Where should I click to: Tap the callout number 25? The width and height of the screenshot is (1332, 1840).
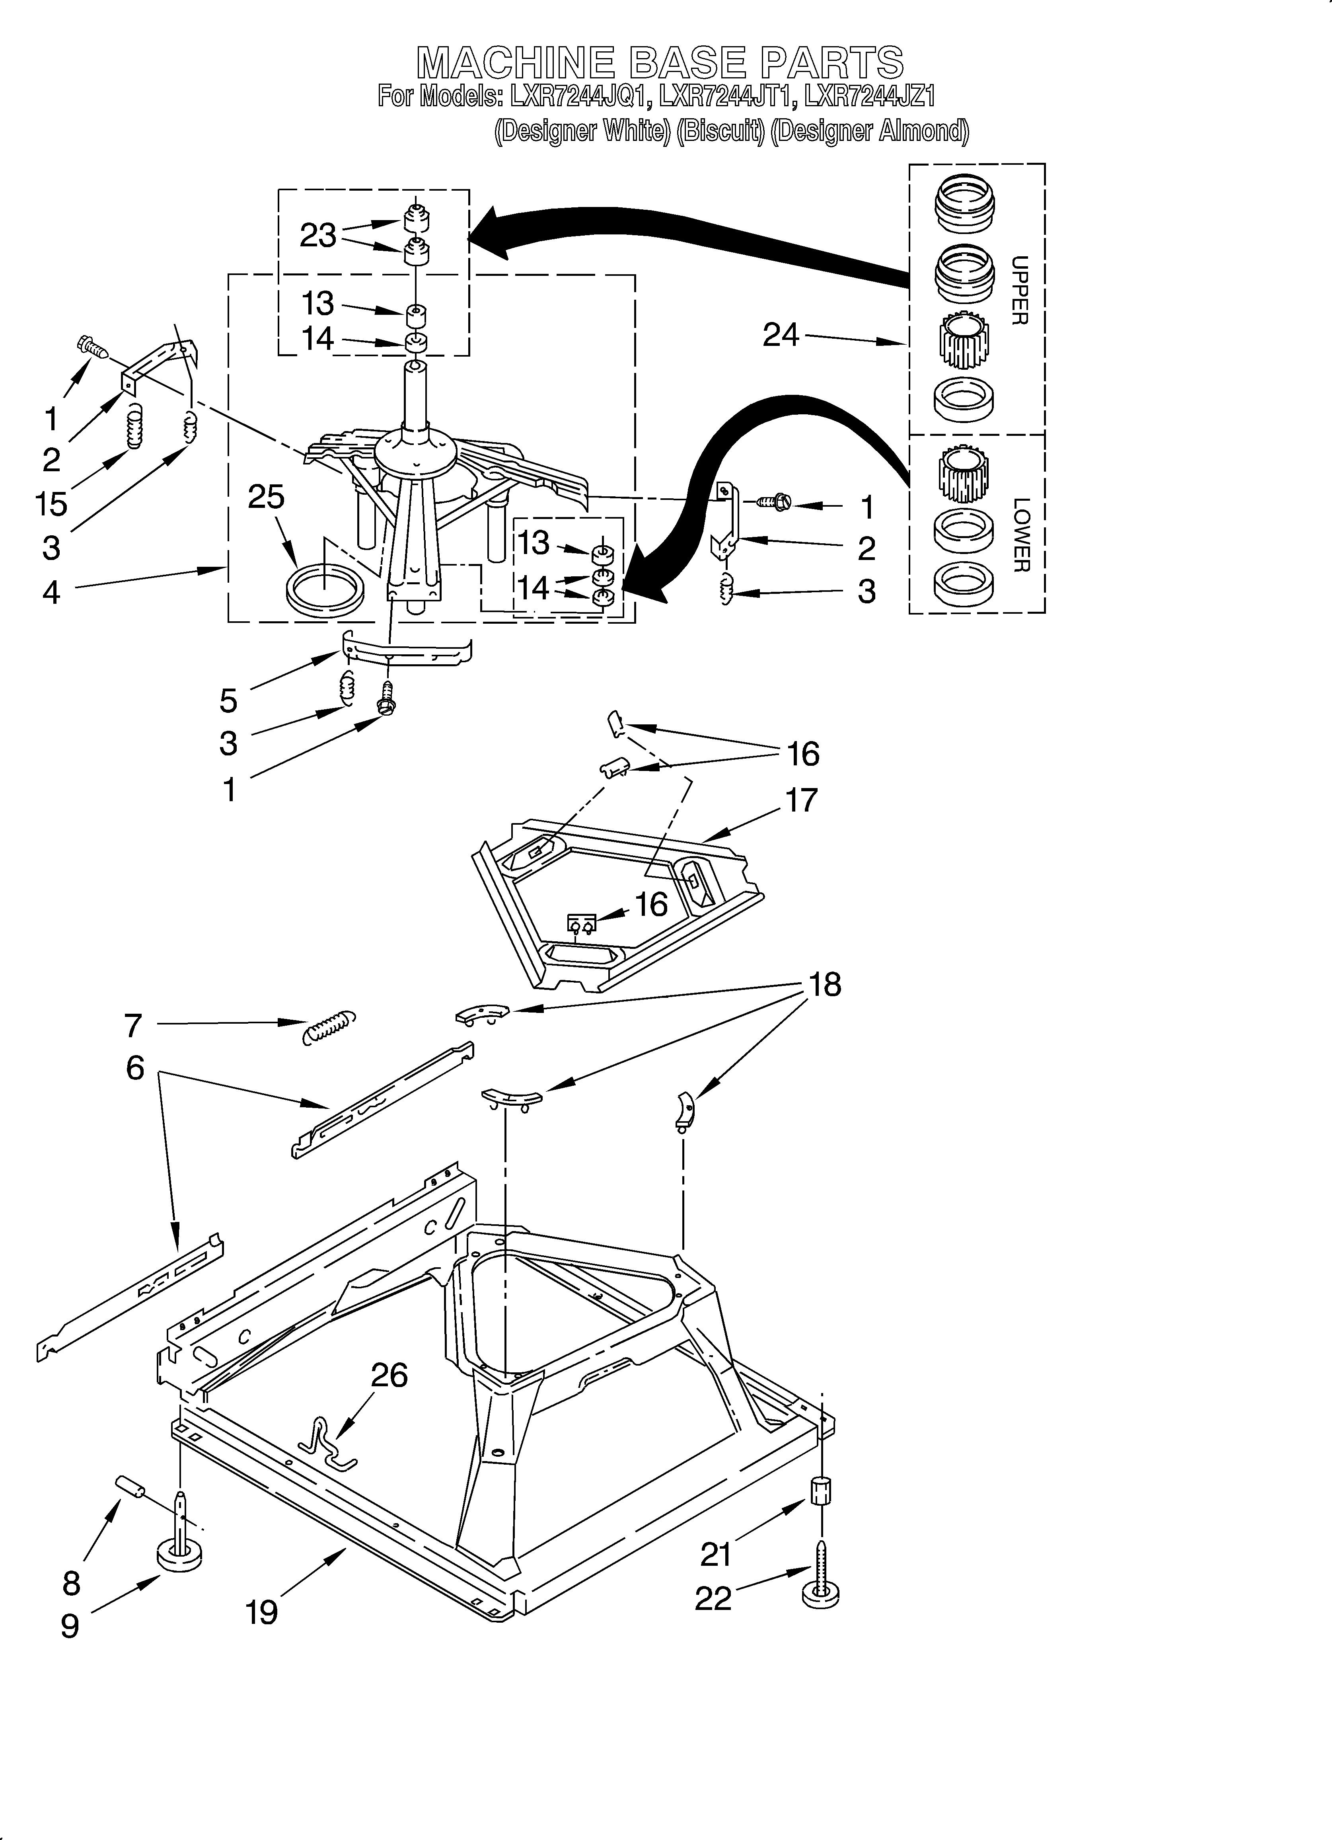pos(266,496)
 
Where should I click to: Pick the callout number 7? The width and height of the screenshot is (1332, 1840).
pos(133,1025)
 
